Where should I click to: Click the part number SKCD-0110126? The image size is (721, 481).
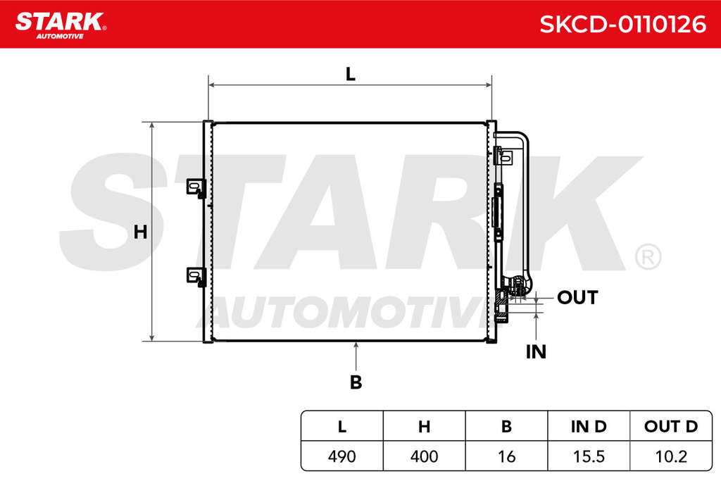point(622,24)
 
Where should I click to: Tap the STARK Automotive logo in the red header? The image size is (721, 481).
point(61,25)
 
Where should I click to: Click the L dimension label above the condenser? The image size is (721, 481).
point(351,74)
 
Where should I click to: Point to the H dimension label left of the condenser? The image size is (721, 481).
point(140,232)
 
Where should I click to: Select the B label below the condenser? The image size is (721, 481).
point(356,382)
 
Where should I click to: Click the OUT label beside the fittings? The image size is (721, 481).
point(577,297)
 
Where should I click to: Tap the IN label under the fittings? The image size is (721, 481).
point(536,352)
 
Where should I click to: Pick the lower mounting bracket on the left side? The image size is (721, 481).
point(196,277)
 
